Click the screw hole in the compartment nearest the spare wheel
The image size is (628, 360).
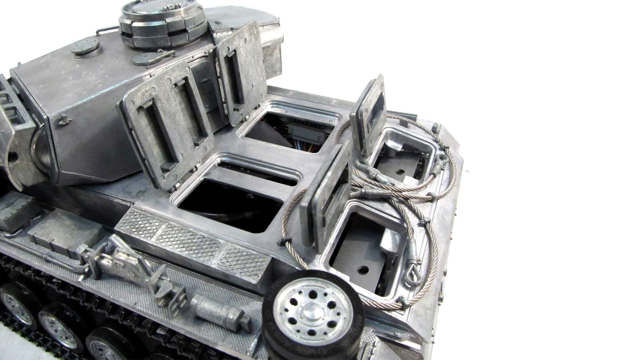[362, 268]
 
